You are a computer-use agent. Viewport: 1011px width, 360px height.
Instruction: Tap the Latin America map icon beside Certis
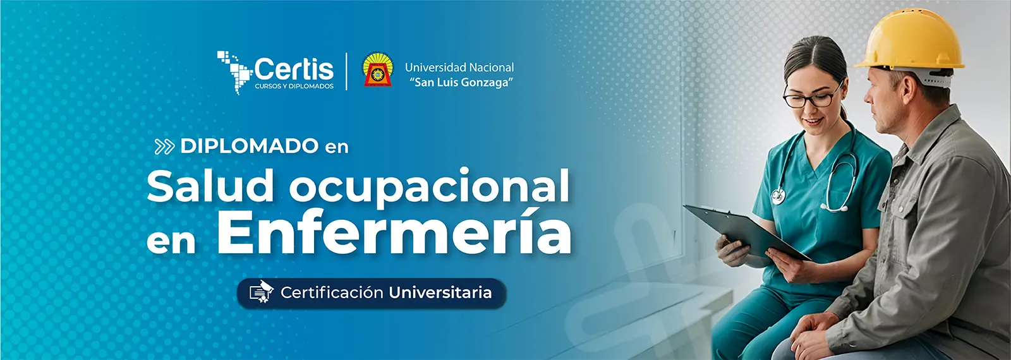point(234,72)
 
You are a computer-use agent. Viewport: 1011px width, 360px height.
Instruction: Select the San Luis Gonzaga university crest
point(378,69)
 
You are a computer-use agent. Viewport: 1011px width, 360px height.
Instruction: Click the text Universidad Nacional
point(459,68)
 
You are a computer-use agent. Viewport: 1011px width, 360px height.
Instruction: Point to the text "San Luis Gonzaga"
point(461,83)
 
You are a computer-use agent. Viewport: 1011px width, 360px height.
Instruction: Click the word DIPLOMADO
point(250,146)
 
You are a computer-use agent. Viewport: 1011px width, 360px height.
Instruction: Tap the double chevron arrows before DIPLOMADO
point(164,147)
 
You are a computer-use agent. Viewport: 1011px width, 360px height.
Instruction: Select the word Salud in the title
point(210,186)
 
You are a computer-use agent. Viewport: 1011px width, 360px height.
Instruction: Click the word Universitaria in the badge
point(440,293)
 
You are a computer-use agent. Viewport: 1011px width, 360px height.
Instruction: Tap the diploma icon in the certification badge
point(262,292)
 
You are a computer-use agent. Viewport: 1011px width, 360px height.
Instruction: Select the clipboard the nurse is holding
point(747,232)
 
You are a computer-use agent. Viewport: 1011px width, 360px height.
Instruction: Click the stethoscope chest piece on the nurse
point(778,196)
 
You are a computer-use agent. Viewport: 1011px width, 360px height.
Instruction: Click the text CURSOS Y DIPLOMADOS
point(294,86)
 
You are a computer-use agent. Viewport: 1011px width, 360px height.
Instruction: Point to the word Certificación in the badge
point(332,293)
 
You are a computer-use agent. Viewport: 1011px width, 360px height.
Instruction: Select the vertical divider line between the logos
point(347,71)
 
